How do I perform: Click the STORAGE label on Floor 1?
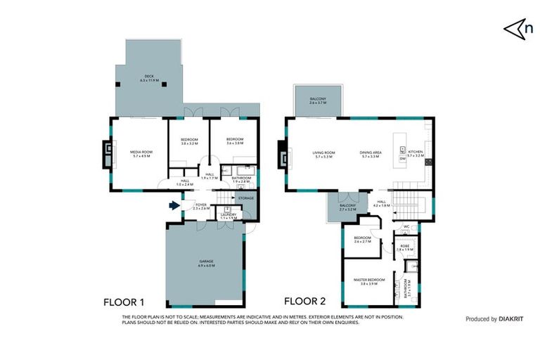coord(245,198)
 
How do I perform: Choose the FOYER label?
coord(200,207)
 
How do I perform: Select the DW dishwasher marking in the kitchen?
coord(402,159)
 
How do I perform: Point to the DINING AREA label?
coord(371,154)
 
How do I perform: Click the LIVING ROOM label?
coord(323,154)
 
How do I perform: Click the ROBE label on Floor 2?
coord(405,247)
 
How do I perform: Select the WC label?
coord(406,226)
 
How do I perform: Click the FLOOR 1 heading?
coord(124,302)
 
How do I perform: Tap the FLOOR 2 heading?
coord(304,302)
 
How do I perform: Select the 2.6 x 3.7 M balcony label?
coord(321,101)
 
